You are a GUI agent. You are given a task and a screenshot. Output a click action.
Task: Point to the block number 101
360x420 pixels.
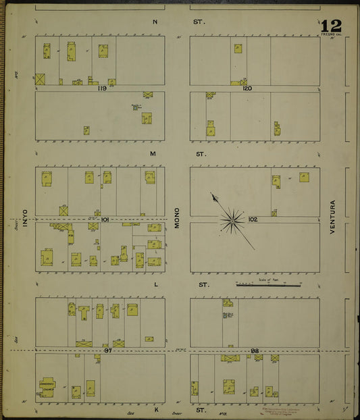105,219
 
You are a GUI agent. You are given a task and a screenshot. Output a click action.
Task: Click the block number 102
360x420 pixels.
253,219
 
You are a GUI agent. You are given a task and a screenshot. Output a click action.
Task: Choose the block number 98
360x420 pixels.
255,351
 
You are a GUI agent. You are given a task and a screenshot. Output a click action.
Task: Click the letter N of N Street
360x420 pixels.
155,22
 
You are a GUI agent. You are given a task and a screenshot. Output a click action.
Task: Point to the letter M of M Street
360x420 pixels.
153,154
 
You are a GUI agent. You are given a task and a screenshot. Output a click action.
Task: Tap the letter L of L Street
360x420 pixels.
155,285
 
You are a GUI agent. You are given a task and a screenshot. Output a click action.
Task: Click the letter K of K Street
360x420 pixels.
155,410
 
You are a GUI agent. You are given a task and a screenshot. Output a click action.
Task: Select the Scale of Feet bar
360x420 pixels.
268,285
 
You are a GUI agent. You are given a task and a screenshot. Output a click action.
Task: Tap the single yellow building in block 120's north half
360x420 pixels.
238,49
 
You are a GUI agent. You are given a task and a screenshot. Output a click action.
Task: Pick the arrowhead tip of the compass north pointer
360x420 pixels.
213,195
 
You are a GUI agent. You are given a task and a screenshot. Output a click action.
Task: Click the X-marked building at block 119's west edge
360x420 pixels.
41,78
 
